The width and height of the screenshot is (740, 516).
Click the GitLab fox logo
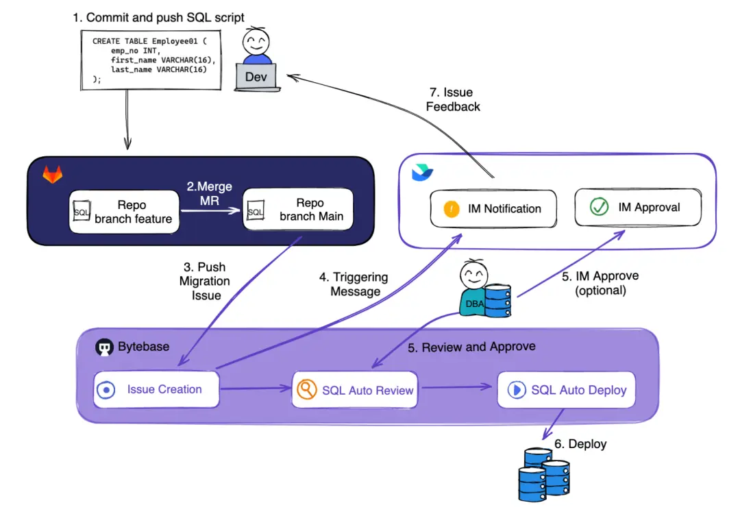pos(53,175)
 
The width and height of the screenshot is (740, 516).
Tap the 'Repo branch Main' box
pos(298,210)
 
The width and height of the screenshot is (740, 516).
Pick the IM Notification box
pos(493,208)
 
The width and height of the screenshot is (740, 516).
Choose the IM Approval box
pos(637,207)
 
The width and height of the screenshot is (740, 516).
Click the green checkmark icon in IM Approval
pos(600,207)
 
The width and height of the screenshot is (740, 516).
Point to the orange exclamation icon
pos(452,209)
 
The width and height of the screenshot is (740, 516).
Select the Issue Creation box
pos(156,390)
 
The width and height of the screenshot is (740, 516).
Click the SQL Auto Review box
pos(356,390)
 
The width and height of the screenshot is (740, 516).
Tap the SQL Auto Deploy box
pos(566,390)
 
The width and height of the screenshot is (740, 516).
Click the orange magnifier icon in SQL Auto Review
pos(306,389)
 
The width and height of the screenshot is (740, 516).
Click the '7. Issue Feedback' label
pos(453,99)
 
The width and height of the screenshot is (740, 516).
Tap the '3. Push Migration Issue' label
pos(205,281)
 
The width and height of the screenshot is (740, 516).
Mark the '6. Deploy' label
pos(580,444)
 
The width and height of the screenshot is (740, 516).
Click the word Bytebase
pos(144,347)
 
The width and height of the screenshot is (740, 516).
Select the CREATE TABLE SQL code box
pos(151,60)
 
